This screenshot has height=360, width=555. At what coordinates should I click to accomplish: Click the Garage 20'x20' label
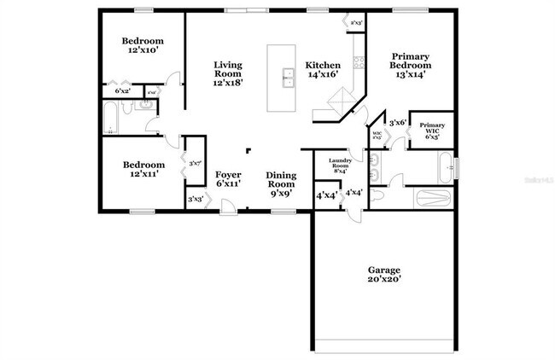[x=383, y=274]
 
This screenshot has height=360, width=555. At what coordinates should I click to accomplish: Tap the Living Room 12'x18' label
[x=228, y=74]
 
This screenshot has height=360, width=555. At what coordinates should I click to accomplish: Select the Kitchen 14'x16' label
[x=324, y=70]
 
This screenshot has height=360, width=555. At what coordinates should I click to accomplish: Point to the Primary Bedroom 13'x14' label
[x=410, y=66]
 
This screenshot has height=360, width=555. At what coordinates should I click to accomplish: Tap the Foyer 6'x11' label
[x=228, y=178]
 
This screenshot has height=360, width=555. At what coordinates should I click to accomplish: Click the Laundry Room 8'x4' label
[x=338, y=165]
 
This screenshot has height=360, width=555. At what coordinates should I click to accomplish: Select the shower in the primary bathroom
[x=430, y=199]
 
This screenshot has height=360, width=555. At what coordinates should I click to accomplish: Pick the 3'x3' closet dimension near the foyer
[x=196, y=200]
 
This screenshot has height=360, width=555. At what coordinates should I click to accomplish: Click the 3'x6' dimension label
[x=397, y=123]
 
